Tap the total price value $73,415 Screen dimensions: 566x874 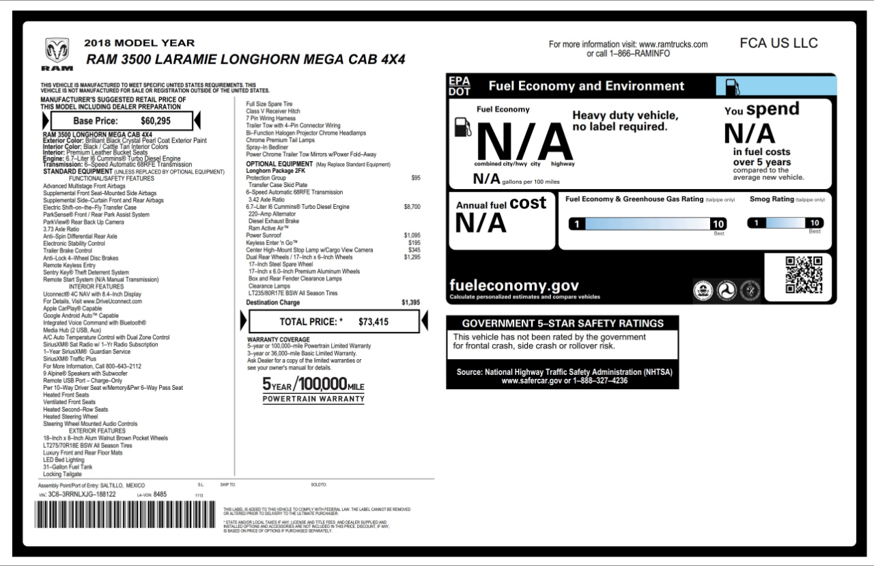(x=373, y=322)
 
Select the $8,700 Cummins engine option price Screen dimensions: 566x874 (x=412, y=206)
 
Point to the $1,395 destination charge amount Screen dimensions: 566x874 (x=410, y=302)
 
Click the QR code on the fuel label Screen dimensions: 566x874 (x=804, y=274)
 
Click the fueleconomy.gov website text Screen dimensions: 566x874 (x=514, y=286)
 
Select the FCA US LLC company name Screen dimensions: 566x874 (x=778, y=43)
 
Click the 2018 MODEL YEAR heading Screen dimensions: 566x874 (x=139, y=42)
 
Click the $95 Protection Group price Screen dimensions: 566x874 (x=416, y=178)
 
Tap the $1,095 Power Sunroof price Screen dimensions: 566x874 (x=412, y=236)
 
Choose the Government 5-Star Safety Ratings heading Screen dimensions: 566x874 (x=563, y=323)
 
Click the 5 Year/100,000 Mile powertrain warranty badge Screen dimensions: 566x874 (x=313, y=390)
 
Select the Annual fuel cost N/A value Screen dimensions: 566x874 (x=481, y=223)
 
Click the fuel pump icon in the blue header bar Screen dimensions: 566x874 (x=731, y=87)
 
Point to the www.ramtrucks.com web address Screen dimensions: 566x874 (x=673, y=44)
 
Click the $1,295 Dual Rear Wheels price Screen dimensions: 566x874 (x=412, y=257)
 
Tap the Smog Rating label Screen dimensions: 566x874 (x=772, y=199)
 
